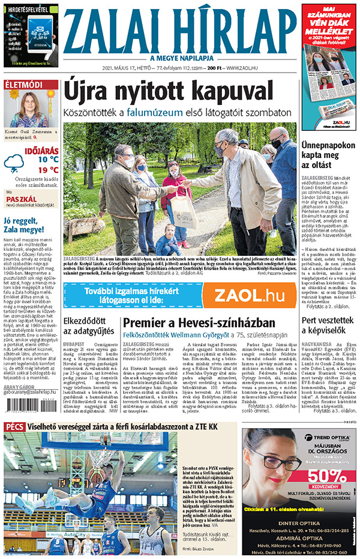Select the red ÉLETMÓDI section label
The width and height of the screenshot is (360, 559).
click(x=23, y=85)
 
